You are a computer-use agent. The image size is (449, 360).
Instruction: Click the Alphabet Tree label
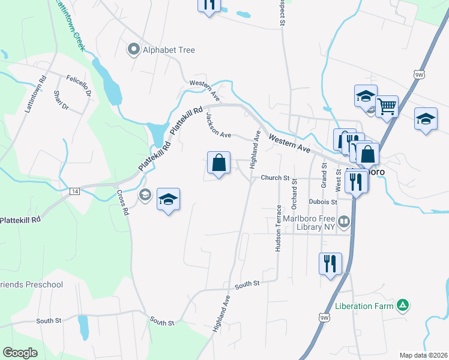tap(169, 50)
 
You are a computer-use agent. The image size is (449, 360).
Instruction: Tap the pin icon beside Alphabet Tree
tap(133, 50)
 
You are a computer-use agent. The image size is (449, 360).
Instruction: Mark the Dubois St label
tap(324, 202)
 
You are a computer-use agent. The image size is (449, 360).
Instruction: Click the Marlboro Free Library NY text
tap(308, 223)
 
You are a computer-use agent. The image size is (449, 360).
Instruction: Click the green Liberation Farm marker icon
tap(404, 306)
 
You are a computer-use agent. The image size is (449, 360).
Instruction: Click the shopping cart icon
tap(387, 107)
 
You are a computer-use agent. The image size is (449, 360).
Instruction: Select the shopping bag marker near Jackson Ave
tap(218, 163)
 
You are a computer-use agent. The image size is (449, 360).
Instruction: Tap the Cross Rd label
tap(123, 203)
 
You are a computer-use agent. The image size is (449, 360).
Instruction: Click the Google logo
tap(20, 353)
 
